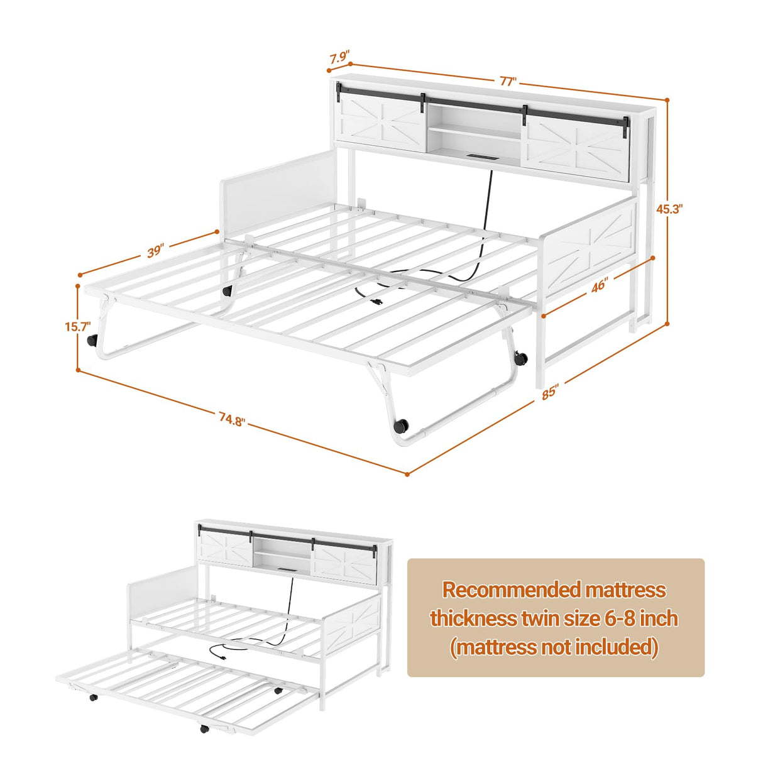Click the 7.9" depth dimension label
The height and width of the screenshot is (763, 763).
[339, 58]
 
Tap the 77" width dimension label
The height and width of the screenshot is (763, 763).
[508, 81]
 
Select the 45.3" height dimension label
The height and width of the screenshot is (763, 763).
[669, 209]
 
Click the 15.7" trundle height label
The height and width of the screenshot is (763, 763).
[77, 326]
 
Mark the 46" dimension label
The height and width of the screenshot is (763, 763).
[599, 285]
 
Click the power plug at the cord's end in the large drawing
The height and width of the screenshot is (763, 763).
[377, 302]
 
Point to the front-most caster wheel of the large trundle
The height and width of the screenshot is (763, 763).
[400, 426]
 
